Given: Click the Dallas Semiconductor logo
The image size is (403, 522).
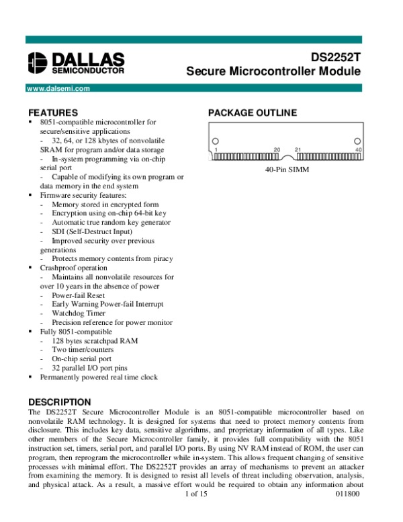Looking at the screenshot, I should [75, 63].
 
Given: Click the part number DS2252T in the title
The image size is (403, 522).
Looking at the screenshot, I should [335, 58].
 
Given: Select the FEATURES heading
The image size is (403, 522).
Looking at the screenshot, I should [53, 112].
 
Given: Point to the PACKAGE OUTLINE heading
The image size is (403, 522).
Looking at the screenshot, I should [252, 112].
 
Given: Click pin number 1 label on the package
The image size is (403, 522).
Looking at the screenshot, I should [216, 149].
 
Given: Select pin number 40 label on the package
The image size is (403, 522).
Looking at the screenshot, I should [359, 149].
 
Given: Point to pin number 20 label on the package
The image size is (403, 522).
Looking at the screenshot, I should [277, 149].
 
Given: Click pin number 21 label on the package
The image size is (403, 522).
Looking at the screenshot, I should [298, 149].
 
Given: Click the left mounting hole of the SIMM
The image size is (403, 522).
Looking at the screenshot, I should [216, 141].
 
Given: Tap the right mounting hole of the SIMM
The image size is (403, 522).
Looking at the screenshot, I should [357, 141].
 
